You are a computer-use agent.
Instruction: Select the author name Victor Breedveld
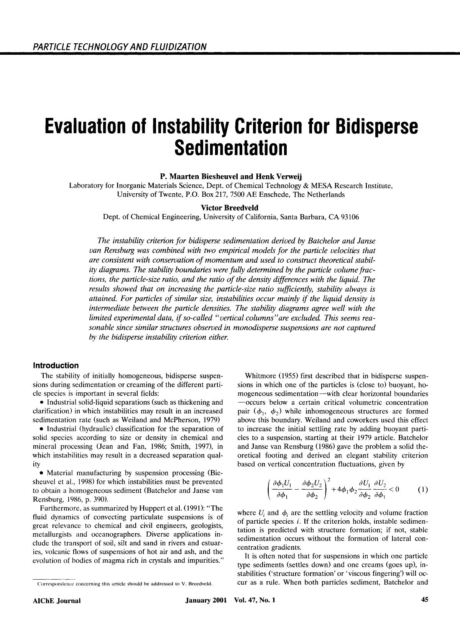[230, 208]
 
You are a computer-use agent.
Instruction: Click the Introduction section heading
[56, 365]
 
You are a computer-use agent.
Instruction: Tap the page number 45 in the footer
[424, 600]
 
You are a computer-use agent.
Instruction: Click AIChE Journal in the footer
[56, 600]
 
